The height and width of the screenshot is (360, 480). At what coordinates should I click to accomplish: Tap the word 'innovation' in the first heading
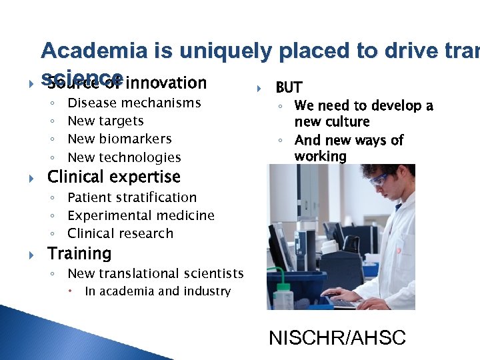pyautogui.click(x=166, y=83)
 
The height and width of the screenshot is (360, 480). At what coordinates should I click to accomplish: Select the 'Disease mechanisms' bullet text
pyautogui.click(x=134, y=103)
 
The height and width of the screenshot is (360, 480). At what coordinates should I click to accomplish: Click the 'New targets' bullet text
pyautogui.click(x=105, y=121)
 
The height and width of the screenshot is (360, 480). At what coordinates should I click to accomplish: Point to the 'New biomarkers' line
pyautogui.click(x=119, y=139)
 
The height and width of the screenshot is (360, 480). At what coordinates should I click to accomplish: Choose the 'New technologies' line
pyautogui.click(x=124, y=158)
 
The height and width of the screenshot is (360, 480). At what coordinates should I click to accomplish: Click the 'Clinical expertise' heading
pyautogui.click(x=113, y=177)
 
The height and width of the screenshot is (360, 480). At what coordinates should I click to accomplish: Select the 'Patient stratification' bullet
pyautogui.click(x=132, y=198)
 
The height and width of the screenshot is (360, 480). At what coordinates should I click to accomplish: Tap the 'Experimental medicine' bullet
pyautogui.click(x=141, y=216)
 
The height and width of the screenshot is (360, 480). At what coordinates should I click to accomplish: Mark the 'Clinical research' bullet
pyautogui.click(x=120, y=234)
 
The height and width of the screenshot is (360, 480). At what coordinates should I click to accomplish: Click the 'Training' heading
pyautogui.click(x=79, y=254)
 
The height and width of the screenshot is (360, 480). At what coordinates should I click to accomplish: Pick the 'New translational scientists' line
pyautogui.click(x=155, y=274)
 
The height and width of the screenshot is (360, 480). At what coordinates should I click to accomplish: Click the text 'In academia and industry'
pyautogui.click(x=157, y=291)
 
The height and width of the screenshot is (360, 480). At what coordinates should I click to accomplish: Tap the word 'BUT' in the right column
pyautogui.click(x=289, y=87)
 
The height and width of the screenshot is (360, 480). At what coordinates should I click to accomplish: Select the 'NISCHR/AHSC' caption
pyautogui.click(x=337, y=338)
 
